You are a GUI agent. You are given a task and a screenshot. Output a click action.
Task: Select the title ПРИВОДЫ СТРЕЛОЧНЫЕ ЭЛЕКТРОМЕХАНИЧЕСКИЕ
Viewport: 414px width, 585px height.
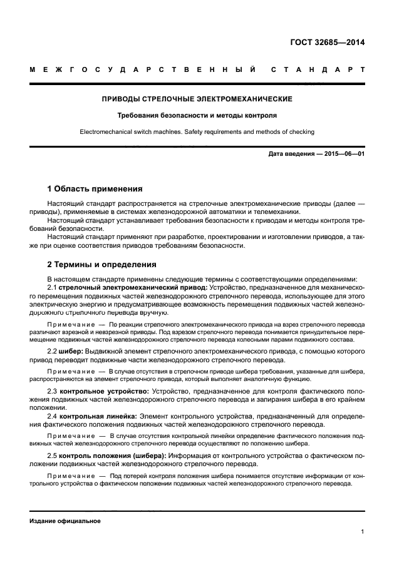tap(197, 99)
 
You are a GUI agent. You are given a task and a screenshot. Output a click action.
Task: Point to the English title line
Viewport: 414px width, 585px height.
tap(197, 131)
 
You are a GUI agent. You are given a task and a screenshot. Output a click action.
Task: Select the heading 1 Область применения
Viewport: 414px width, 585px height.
tap(95, 188)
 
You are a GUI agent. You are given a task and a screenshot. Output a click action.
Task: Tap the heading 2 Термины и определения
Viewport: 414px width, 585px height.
tap(101, 264)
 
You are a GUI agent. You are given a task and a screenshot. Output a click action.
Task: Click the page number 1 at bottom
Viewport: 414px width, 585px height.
tap(362, 532)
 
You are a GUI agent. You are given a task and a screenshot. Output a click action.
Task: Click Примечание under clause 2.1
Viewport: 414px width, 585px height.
tap(69, 325)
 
